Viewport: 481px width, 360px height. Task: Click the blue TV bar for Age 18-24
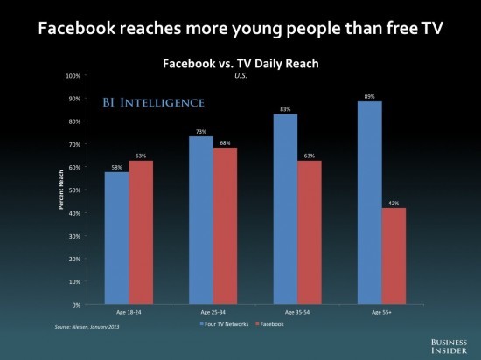click(x=117, y=238)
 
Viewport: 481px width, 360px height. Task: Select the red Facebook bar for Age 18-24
click(x=141, y=232)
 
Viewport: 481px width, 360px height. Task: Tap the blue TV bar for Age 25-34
click(x=201, y=220)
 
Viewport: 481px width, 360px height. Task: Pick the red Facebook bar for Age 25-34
click(x=225, y=226)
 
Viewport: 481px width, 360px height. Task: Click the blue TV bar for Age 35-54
click(x=285, y=209)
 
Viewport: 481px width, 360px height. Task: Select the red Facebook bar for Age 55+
click(x=394, y=256)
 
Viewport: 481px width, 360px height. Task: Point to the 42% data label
click(x=394, y=203)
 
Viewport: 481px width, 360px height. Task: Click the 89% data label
click(x=370, y=96)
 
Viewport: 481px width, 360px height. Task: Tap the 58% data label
click(x=117, y=167)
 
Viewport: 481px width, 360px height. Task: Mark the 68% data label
click(x=225, y=143)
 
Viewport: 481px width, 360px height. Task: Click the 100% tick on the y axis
click(x=73, y=76)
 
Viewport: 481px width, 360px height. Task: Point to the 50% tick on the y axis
click(x=74, y=190)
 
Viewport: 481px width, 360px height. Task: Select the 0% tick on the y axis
click(x=76, y=305)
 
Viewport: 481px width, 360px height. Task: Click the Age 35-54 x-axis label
click(x=297, y=312)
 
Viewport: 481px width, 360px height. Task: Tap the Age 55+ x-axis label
click(x=381, y=312)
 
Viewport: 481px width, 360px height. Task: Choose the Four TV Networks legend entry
click(x=224, y=324)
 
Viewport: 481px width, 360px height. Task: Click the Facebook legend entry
click(x=270, y=324)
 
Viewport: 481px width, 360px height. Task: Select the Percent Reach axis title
click(x=60, y=190)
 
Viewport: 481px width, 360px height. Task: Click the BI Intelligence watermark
click(x=153, y=102)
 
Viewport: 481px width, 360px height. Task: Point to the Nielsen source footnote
click(x=87, y=327)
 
